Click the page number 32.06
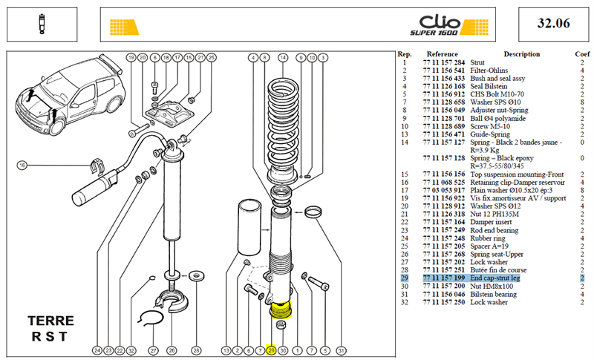click(553, 24)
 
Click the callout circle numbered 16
click(22, 166)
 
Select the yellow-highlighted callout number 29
click(271, 350)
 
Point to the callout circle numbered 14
click(283, 58)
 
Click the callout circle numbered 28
click(196, 350)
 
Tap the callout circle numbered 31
click(342, 350)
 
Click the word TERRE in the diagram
click(50, 321)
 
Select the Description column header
click(522, 54)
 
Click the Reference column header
click(442, 54)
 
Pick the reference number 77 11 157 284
click(443, 62)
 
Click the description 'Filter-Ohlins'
click(489, 71)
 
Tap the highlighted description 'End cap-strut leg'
click(495, 278)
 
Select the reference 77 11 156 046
click(443, 294)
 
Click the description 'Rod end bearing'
click(494, 230)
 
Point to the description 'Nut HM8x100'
click(492, 287)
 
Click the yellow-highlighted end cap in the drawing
click(281, 310)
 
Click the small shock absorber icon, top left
click(42, 24)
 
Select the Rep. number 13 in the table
click(405, 134)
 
